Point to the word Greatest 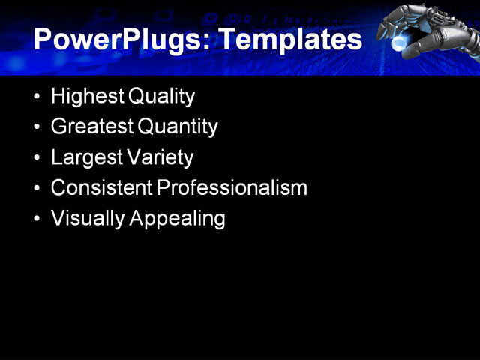click(91, 127)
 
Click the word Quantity click(178, 127)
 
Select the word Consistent click(101, 188)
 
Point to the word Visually click(88, 219)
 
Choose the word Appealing click(178, 219)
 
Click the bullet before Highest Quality click(38, 97)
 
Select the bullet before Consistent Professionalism click(38, 189)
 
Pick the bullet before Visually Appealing click(38, 220)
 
